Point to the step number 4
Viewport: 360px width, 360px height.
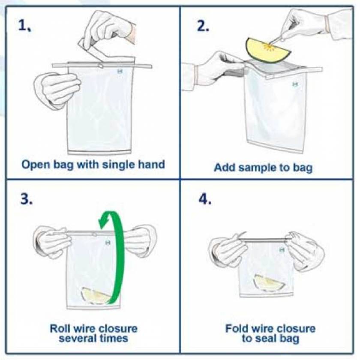point(205,200)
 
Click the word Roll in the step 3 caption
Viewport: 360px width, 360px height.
point(60,329)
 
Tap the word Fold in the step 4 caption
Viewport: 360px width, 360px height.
point(236,329)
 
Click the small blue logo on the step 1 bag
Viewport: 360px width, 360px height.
point(119,73)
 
